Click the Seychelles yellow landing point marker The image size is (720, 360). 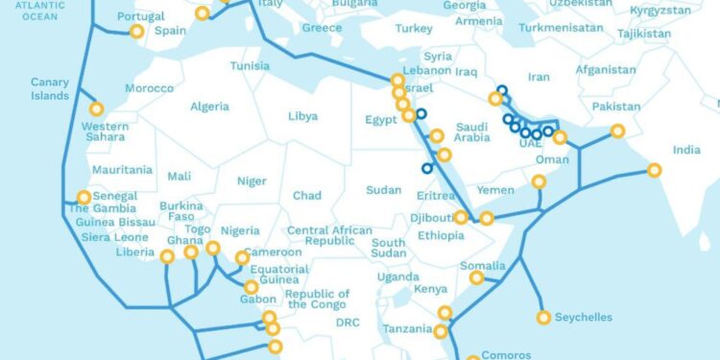pos(544,318)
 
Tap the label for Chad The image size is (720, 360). pos(307,196)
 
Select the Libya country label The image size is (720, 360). pos(302,117)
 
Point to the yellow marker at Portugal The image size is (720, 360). pos(136,32)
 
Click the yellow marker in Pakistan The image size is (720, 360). pos(617,131)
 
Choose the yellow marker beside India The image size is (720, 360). pos(654,170)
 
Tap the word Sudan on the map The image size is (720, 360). pos(383,190)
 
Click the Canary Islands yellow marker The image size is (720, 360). pos(96,108)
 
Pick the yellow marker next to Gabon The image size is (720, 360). pos(251,287)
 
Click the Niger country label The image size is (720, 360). pos(252,180)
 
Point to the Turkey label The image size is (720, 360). pos(414,29)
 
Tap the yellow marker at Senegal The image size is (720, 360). pos(84,198)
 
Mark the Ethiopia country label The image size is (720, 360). pos(441,235)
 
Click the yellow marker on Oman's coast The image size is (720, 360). pos(539,181)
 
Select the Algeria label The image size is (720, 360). pos(209,107)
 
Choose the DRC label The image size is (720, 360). pos(347,324)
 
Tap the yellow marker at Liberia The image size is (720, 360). pos(167,256)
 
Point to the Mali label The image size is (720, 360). pos(179,176)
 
